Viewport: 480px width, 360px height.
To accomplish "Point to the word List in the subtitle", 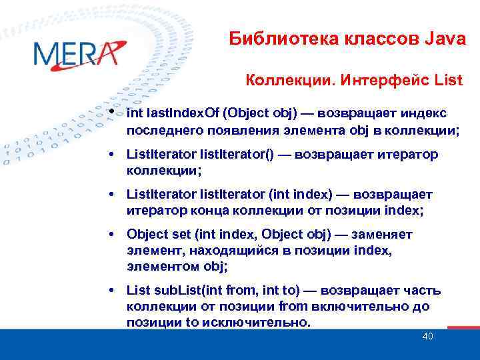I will coord(448,81).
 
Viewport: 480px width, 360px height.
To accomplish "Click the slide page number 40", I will coord(428,337).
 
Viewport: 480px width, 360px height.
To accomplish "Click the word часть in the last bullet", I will coord(423,291).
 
